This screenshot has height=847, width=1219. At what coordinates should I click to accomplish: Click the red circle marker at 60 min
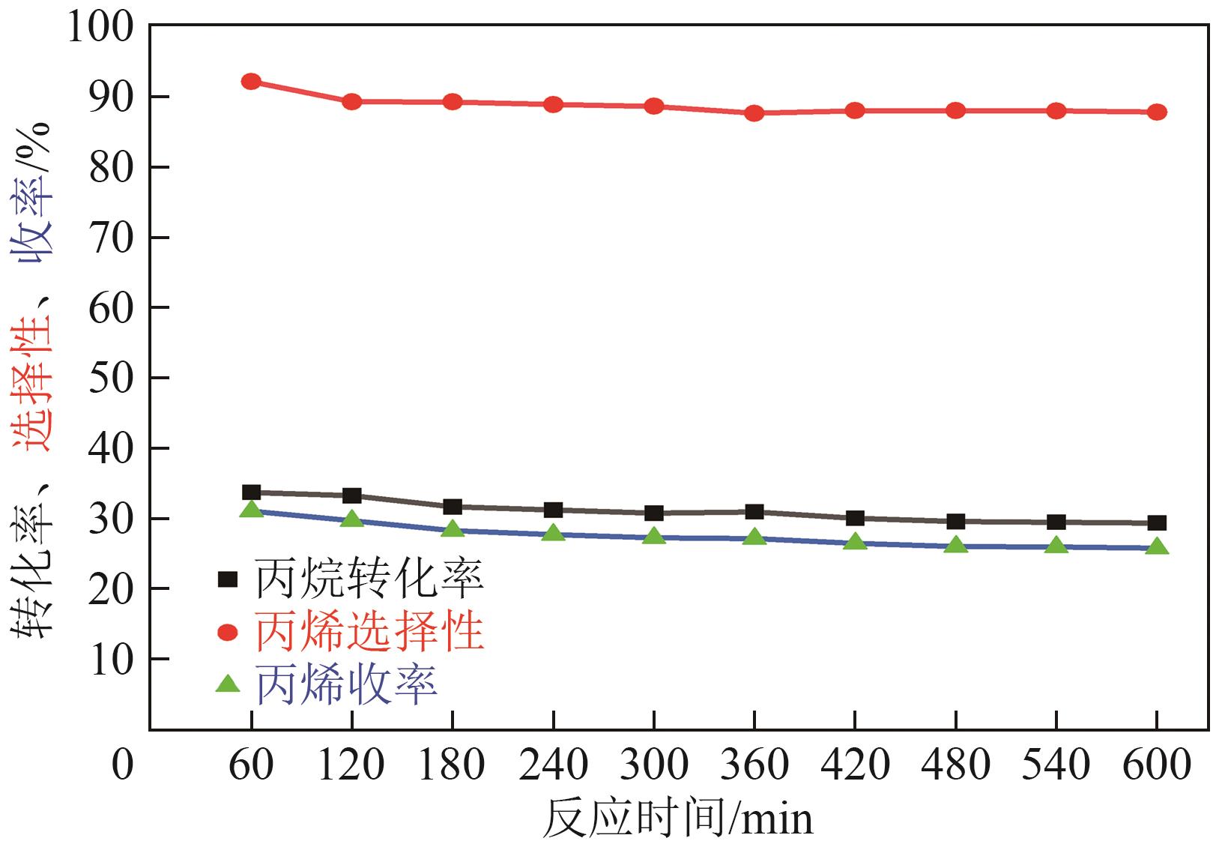(251, 81)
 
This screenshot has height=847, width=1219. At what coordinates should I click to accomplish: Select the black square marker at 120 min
(351, 495)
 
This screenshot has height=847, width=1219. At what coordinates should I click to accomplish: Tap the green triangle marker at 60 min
(252, 510)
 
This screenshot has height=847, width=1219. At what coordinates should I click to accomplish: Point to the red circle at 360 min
(754, 113)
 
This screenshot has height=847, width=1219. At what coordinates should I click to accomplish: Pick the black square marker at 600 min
(1157, 522)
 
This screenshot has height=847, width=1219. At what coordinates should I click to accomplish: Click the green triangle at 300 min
(654, 536)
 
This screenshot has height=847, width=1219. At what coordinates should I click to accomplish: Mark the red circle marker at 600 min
(1157, 112)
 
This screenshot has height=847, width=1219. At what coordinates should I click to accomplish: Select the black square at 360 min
(754, 512)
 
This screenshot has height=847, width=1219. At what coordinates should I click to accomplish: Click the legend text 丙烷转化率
(369, 579)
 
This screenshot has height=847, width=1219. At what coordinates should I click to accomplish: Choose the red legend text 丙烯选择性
(369, 632)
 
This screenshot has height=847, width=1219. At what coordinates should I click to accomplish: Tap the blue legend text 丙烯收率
(346, 684)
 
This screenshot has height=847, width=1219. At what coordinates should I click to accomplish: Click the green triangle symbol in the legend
(227, 684)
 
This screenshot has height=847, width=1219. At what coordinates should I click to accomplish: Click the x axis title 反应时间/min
(677, 819)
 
